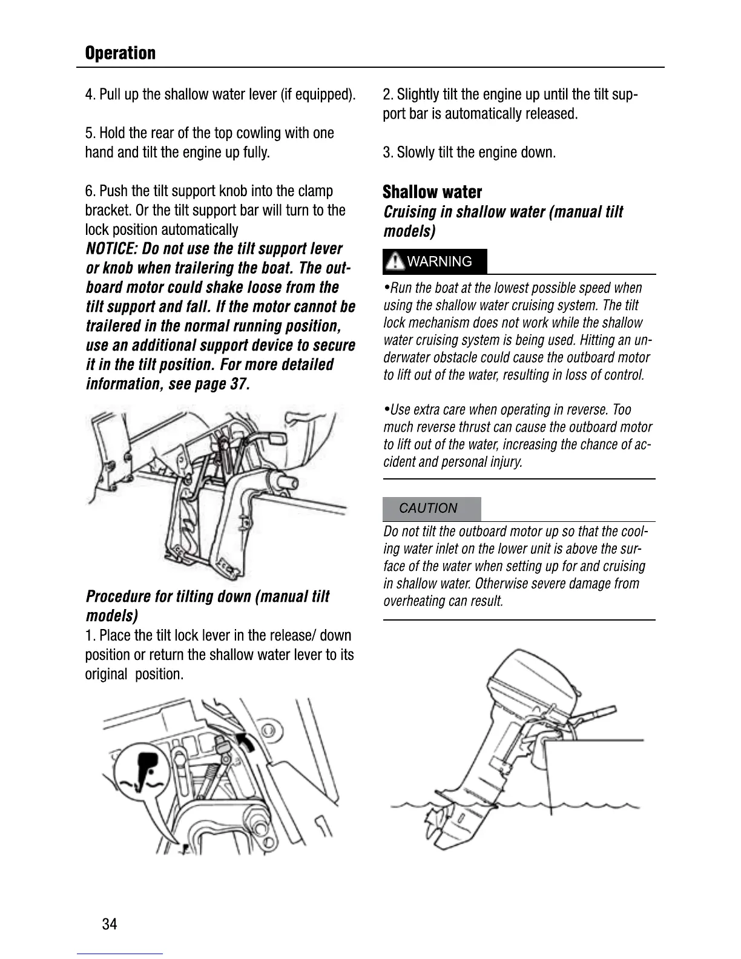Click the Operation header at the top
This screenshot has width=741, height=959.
(x=120, y=53)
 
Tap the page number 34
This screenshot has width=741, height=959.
(x=110, y=924)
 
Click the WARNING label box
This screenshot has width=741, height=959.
(x=434, y=262)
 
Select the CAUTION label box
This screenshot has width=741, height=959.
(x=431, y=509)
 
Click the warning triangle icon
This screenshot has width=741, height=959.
(x=395, y=262)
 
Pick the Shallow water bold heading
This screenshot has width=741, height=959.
(x=432, y=193)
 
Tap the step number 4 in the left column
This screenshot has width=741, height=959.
(x=89, y=94)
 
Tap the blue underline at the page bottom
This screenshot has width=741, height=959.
(x=120, y=954)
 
